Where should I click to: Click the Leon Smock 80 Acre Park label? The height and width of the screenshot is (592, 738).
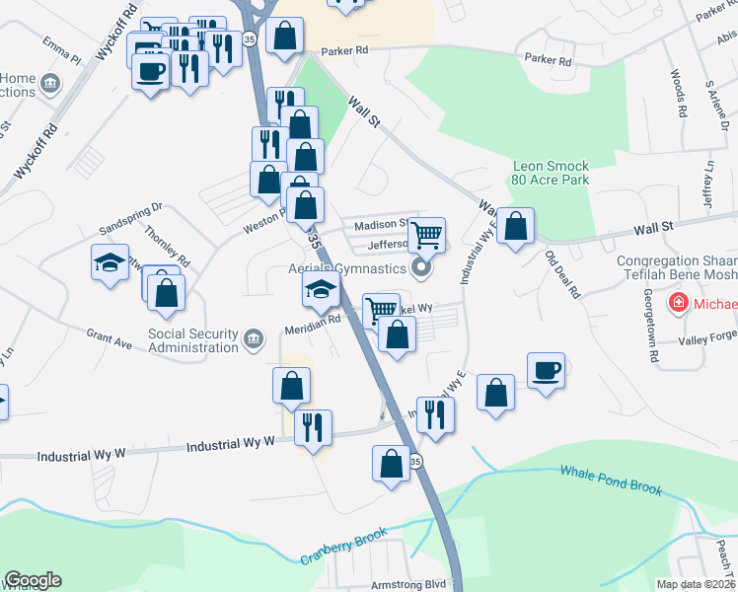point(551,174)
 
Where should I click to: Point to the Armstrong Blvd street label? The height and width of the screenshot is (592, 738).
point(409,584)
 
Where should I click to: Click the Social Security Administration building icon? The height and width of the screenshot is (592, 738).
point(255,340)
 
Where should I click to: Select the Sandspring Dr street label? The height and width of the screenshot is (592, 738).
point(129,219)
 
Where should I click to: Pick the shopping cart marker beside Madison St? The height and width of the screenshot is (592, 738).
point(426,235)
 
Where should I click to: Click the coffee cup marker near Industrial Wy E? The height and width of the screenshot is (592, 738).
point(546,371)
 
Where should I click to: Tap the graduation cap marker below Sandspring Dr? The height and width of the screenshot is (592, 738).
point(110,263)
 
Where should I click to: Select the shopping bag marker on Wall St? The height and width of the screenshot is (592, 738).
point(515,227)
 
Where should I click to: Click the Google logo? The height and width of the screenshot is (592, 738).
point(33,580)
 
